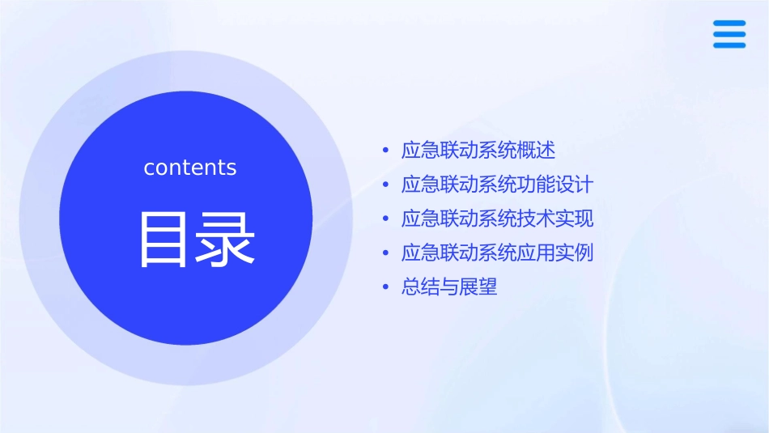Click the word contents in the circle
point(190,168)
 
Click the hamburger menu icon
point(729,34)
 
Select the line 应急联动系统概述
point(478,151)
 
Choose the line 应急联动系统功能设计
point(497,185)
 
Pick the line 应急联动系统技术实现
point(497,219)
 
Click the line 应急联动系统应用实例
point(497,253)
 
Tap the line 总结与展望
point(449,287)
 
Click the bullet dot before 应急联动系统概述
point(385,151)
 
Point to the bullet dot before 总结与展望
point(385,287)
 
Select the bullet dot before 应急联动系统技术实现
point(385,219)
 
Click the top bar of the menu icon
point(729,23)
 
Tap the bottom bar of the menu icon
point(729,45)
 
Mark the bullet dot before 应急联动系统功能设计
point(385,185)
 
